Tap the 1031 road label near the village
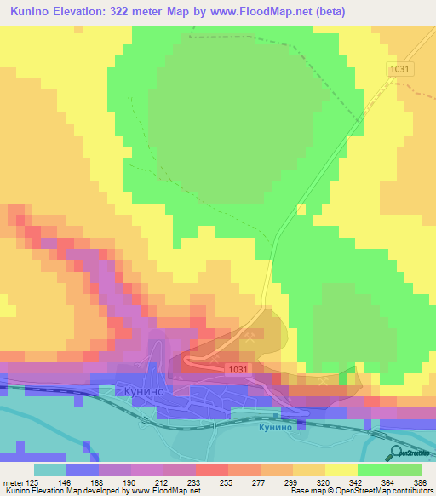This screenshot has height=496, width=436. click(x=238, y=369)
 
